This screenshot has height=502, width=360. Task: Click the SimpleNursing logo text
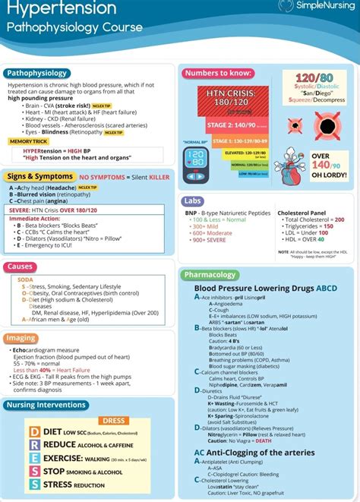coord(323,6)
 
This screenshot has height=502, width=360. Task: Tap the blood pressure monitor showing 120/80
coord(196,157)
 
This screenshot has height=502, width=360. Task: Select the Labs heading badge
coord(193,201)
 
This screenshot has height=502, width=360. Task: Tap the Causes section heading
coord(19,267)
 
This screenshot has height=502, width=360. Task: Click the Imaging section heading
coord(21,338)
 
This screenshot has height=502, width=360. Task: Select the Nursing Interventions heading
coord(46,405)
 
